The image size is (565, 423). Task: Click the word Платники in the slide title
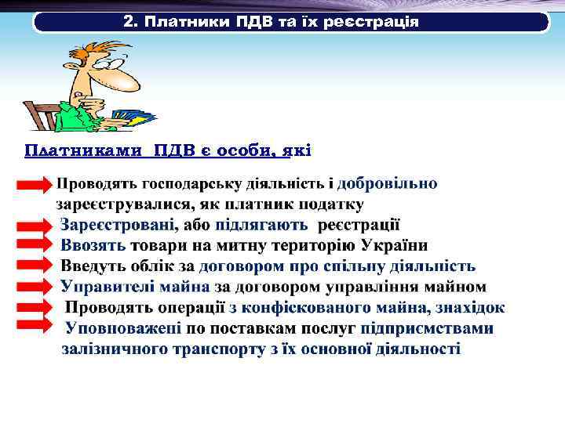coord(186,21)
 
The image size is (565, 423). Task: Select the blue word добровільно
coord(388,184)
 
